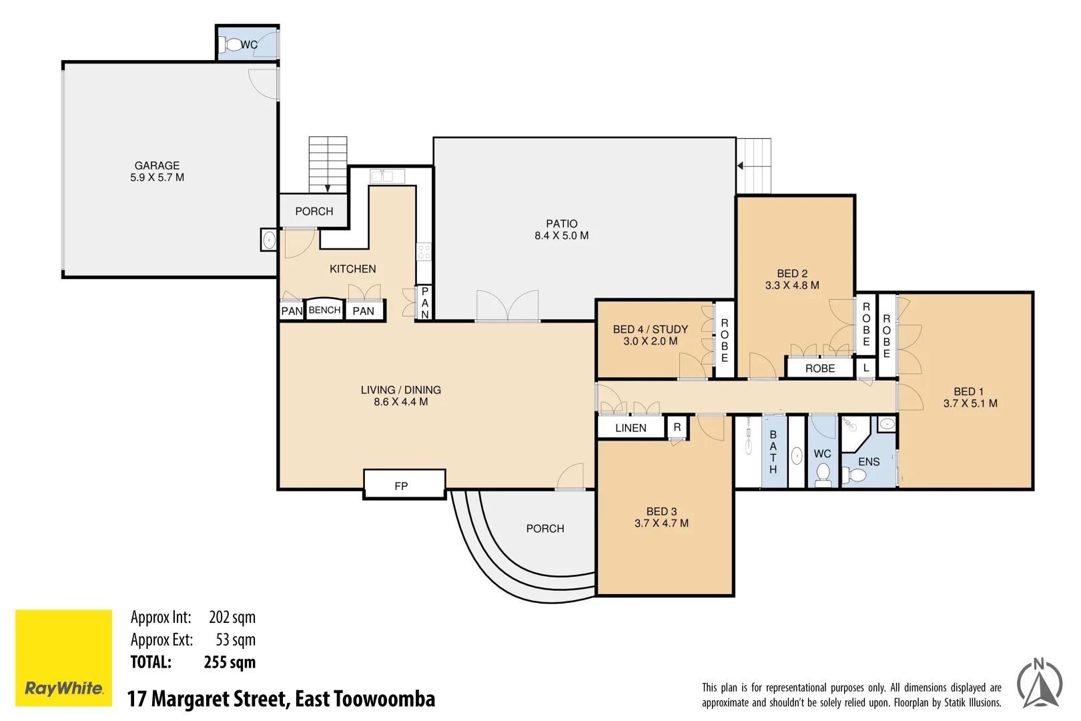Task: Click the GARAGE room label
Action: pos(157,166)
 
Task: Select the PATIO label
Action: pos(562,224)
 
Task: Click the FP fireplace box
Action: pos(404,484)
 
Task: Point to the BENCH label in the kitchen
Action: pos(324,310)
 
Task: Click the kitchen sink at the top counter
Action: pos(388,176)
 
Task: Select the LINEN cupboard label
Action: pos(631,428)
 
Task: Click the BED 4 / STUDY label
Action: pos(651,329)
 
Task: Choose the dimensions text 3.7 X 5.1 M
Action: pos(970,403)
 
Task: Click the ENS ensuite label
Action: pos(869,462)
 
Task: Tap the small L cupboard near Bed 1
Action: pos(865,368)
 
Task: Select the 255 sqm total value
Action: pos(230,662)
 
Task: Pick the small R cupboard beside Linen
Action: pos(677,427)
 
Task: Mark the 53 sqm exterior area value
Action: pos(236,640)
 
